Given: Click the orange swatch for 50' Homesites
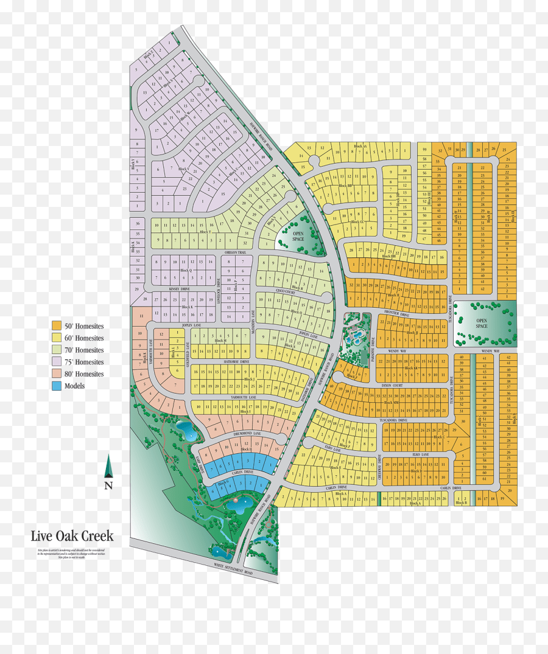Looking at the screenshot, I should pyautogui.click(x=57, y=325).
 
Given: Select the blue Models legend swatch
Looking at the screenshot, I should pyautogui.click(x=57, y=386).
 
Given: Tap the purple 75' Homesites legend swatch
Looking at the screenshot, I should pyautogui.click(x=57, y=362).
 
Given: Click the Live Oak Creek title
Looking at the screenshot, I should pyautogui.click(x=72, y=536).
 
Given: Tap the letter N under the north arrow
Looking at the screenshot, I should pyautogui.click(x=108, y=485).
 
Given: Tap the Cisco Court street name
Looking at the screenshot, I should pyautogui.click(x=286, y=291).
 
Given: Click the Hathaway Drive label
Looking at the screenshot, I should pyautogui.click(x=237, y=361).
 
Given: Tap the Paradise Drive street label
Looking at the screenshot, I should pyautogui.click(x=373, y=355).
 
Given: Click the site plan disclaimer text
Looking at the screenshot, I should pyautogui.click(x=72, y=554).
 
